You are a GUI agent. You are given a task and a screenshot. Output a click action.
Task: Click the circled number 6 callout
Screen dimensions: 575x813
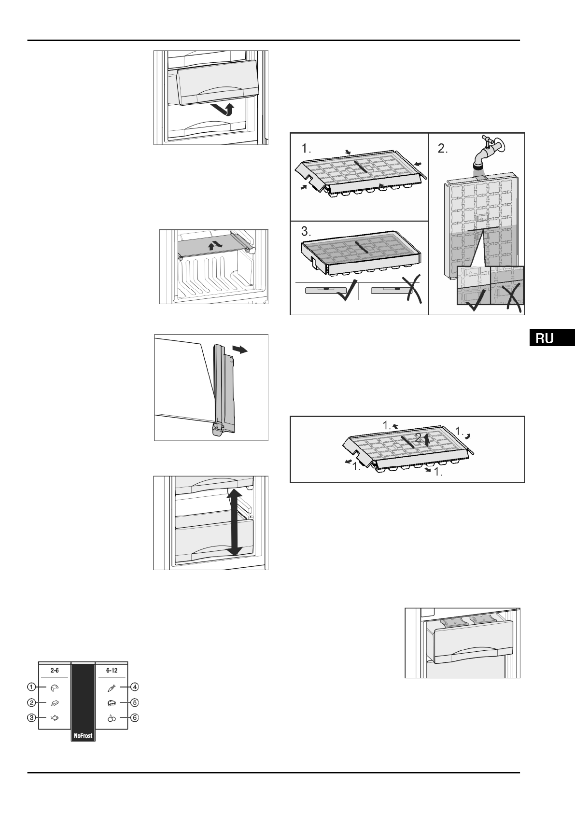click(x=135, y=718)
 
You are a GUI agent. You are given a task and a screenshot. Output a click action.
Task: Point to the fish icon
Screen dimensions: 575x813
click(x=55, y=718)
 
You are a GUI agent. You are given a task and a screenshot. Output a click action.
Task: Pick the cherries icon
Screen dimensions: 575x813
click(x=112, y=718)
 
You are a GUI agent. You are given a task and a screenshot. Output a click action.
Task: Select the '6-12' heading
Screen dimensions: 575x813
click(x=112, y=671)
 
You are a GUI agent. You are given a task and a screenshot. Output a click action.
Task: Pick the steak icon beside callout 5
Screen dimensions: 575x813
click(x=112, y=703)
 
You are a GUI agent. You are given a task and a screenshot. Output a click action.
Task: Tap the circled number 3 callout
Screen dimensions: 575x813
click(x=31, y=718)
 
